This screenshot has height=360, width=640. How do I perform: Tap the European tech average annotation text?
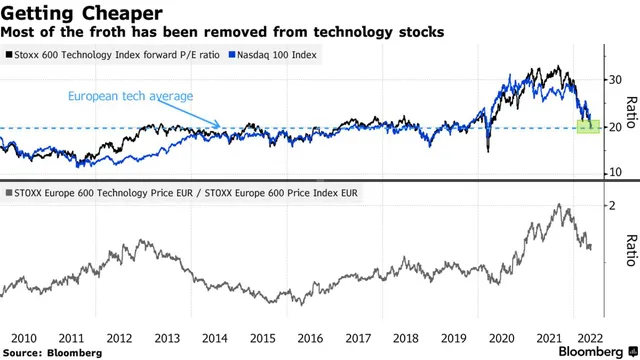(129, 96)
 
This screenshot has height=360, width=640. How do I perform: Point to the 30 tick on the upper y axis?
(615, 79)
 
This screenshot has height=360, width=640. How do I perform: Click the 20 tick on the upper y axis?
(615, 127)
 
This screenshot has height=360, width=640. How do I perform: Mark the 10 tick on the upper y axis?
(615, 173)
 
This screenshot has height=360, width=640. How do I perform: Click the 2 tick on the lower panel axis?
(611, 205)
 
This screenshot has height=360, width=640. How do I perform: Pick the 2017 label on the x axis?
(357, 339)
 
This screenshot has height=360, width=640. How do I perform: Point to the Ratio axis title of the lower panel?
(631, 250)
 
